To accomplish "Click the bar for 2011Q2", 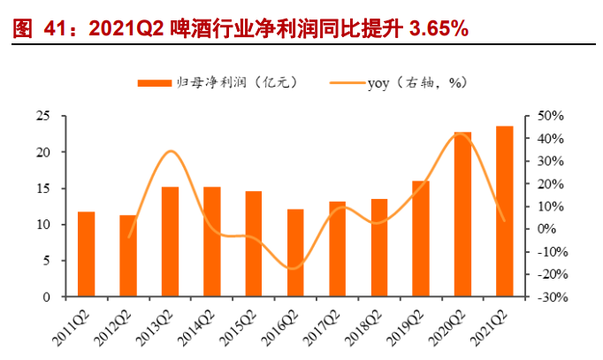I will click(86, 254).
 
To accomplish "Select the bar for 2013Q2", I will click(170, 241).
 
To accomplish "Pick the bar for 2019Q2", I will click(421, 239).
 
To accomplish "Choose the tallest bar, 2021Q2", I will click(504, 211).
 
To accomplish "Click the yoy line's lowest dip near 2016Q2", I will click(294, 268).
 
